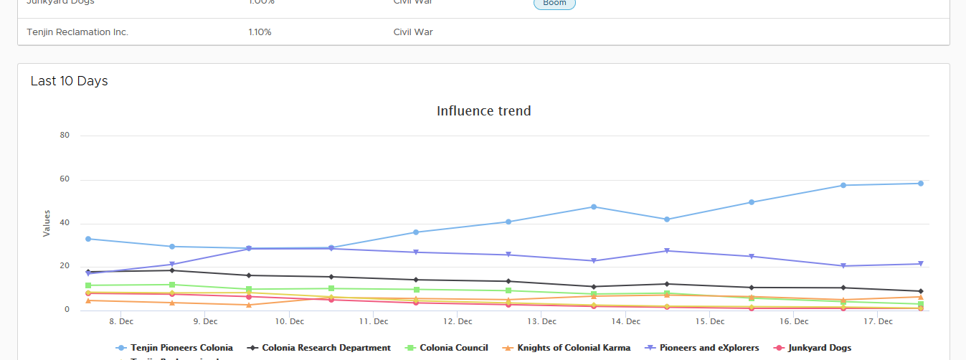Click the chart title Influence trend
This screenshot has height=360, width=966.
(484, 111)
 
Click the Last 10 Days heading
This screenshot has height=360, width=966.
(69, 81)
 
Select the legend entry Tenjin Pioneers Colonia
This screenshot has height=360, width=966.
(181, 348)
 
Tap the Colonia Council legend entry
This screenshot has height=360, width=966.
(453, 348)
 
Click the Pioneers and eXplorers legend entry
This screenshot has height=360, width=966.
(709, 348)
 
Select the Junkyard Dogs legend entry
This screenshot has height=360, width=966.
(819, 348)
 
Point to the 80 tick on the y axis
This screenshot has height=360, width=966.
(65, 135)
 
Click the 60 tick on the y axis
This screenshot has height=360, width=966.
(65, 179)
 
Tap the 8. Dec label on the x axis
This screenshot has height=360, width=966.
(121, 322)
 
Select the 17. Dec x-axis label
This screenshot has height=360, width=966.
(879, 322)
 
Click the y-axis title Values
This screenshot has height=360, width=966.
(47, 223)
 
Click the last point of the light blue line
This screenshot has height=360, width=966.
(921, 184)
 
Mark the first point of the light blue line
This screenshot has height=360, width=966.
(88, 239)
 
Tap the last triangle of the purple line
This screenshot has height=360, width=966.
(921, 265)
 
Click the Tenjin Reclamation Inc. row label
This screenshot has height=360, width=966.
(77, 32)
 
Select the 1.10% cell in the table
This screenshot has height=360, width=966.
(260, 32)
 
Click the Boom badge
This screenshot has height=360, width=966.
(554, 4)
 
